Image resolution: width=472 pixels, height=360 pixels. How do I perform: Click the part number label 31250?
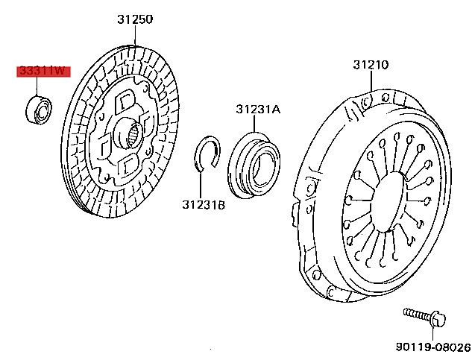[x=134, y=20]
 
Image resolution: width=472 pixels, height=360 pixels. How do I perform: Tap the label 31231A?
[x=258, y=109]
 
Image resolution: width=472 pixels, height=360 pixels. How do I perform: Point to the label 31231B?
[x=203, y=203]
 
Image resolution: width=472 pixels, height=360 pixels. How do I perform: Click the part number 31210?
[x=371, y=66]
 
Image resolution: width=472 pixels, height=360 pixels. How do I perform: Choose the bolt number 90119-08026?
[x=432, y=347]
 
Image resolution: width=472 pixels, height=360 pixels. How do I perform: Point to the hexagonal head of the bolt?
[x=438, y=320]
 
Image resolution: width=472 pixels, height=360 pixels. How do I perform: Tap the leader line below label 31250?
[x=134, y=39]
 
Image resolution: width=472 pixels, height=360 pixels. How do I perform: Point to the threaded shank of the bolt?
[x=416, y=315]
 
